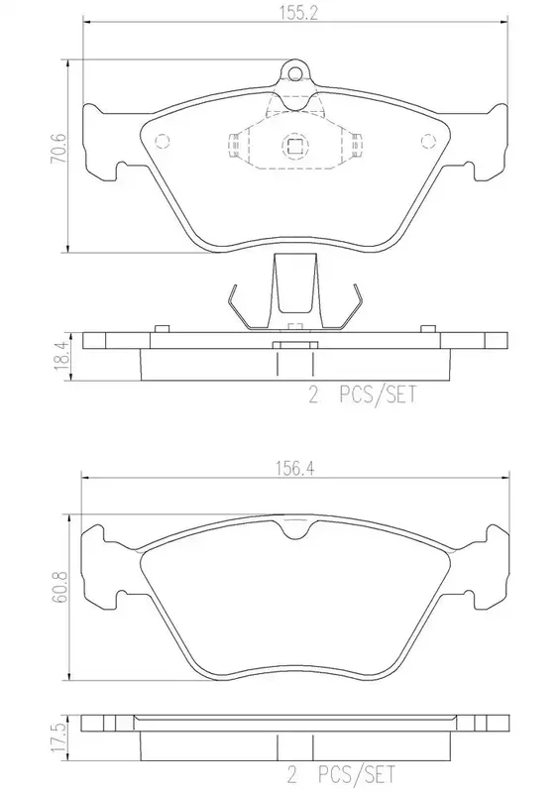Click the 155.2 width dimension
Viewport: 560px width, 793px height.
tap(298, 14)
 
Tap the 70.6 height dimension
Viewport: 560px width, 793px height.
tap(58, 149)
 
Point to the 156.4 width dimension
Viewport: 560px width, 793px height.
tap(295, 468)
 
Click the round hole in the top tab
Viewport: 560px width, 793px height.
tap(294, 72)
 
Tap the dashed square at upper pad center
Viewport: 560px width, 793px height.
tap(294, 147)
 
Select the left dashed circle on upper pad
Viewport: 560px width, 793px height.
tap(162, 140)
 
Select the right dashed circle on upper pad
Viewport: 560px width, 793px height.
tap(428, 140)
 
